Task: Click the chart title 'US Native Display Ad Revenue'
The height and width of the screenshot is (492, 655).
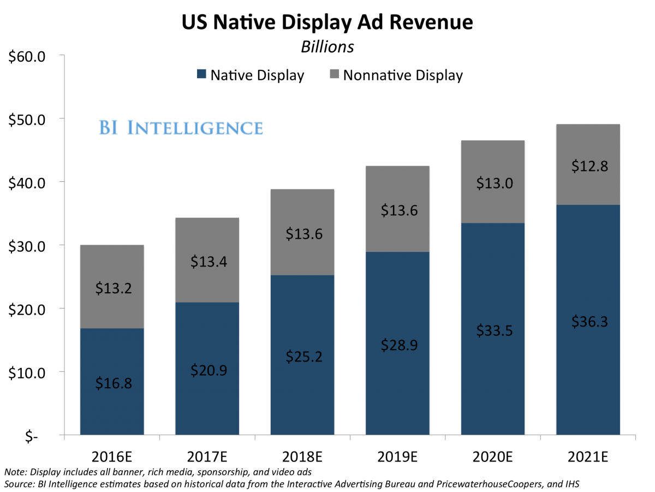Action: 327,22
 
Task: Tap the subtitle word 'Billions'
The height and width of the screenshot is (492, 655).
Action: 327,47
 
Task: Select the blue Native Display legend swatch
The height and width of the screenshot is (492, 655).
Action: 201,75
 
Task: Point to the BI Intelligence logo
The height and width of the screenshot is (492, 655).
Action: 181,128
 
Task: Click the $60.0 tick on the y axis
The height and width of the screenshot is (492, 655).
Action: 29,56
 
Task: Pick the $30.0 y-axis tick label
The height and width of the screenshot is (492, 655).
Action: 29,246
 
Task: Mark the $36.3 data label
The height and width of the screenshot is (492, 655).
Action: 588,322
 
